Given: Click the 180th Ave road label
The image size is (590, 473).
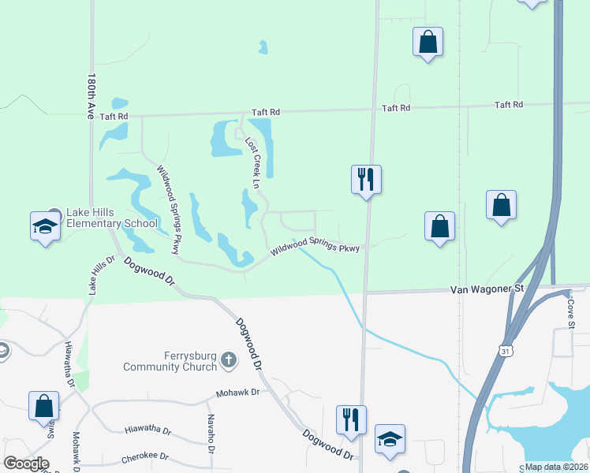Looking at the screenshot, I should point(92,92).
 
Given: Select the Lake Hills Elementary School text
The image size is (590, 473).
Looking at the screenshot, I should point(113,218).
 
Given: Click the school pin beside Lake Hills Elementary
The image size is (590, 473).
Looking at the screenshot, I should point(45,227).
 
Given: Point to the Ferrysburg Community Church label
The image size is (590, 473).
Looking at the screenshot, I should point(170,361).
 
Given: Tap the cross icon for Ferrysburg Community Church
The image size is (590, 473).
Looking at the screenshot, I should point(229,360).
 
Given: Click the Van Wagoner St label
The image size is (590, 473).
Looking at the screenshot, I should point(487,289).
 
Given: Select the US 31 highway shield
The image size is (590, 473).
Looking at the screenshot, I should point(504,348).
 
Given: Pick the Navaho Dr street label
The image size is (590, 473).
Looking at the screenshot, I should point(211,434).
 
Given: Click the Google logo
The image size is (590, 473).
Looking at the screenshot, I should point(26,464).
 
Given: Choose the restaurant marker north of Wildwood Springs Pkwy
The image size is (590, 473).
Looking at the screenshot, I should point(366,179).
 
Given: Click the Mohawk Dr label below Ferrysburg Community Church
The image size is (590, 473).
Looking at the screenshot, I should point(237,393).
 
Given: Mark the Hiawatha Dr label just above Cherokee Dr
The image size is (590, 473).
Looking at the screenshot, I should point(147,430).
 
